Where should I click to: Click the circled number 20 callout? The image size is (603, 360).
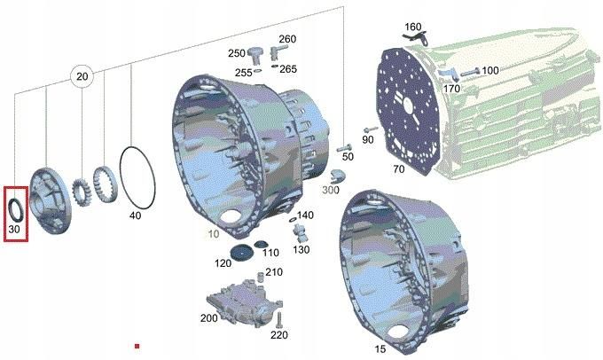[x=82, y=76]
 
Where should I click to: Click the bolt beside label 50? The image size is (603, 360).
[x=344, y=148]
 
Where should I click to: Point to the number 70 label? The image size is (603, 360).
[x=399, y=168]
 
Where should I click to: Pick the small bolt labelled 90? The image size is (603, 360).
[x=370, y=129]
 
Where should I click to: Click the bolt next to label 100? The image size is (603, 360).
[x=470, y=73]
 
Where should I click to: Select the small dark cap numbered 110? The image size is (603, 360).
[x=261, y=244]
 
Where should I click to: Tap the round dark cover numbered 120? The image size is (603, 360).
[x=241, y=252]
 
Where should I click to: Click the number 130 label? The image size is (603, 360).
[x=301, y=250]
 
